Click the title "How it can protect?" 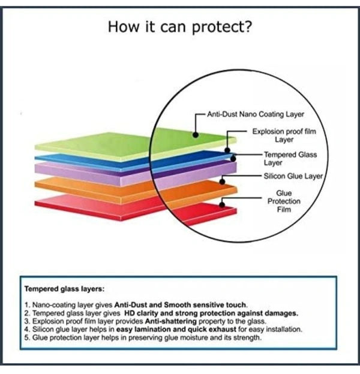click(x=179, y=27)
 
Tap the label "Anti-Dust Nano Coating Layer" click(x=255, y=114)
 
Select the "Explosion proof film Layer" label click(x=284, y=135)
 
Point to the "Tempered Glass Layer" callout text click(x=290, y=158)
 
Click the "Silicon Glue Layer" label click(x=293, y=176)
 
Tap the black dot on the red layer click(x=223, y=204)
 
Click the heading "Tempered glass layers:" click(x=64, y=288)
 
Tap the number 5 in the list click(x=26, y=338)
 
